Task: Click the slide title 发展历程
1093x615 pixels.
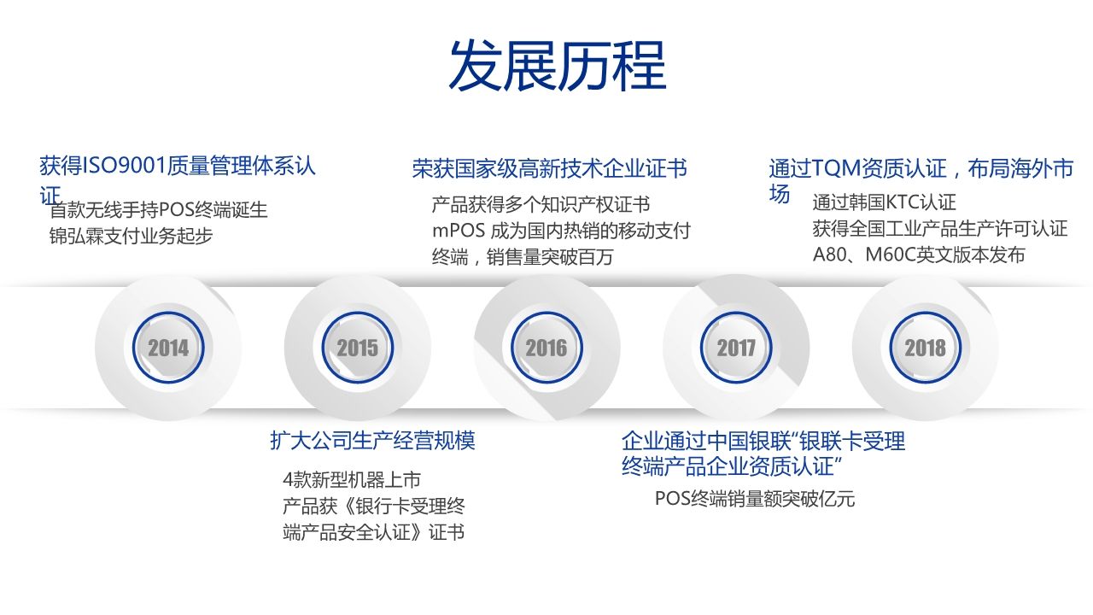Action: point(558,66)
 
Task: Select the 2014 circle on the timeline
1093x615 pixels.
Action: point(168,348)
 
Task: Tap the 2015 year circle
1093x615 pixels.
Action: point(358,348)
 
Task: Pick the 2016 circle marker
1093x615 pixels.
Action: point(546,348)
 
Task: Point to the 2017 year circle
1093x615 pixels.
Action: point(736,348)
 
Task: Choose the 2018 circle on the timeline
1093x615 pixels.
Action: point(925,348)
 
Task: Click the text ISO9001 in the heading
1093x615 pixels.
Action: point(125,167)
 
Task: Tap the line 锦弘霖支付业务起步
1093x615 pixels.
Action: point(131,237)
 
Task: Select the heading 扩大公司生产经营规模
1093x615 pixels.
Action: point(373,440)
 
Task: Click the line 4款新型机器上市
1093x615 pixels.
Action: point(352,480)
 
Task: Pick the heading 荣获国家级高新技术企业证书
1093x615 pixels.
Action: point(550,168)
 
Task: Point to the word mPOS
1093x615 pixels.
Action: point(459,231)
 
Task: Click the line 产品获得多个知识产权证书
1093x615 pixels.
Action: point(541,205)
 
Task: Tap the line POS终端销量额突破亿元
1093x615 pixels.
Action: point(755,499)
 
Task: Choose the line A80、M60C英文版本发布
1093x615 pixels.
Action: point(919,255)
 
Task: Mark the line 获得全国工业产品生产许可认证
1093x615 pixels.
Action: point(940,228)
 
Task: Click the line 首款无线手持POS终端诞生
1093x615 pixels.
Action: point(159,210)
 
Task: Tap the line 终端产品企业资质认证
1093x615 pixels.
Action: point(732,466)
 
